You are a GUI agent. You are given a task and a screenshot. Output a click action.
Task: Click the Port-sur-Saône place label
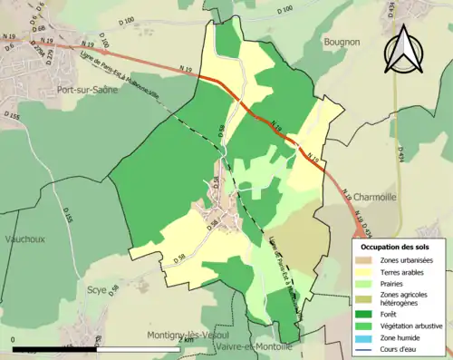point(92,91)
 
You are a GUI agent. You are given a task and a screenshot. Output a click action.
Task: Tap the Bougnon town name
point(342,42)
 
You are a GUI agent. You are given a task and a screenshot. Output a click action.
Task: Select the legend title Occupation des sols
point(397,247)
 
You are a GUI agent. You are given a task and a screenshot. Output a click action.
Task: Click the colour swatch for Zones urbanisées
point(367,260)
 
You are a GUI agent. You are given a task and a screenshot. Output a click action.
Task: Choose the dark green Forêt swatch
point(367,315)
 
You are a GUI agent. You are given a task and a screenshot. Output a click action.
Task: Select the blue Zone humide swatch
point(367,336)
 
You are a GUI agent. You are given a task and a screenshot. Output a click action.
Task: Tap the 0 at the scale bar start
point(13,340)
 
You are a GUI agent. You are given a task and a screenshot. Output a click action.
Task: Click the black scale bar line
point(100,348)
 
